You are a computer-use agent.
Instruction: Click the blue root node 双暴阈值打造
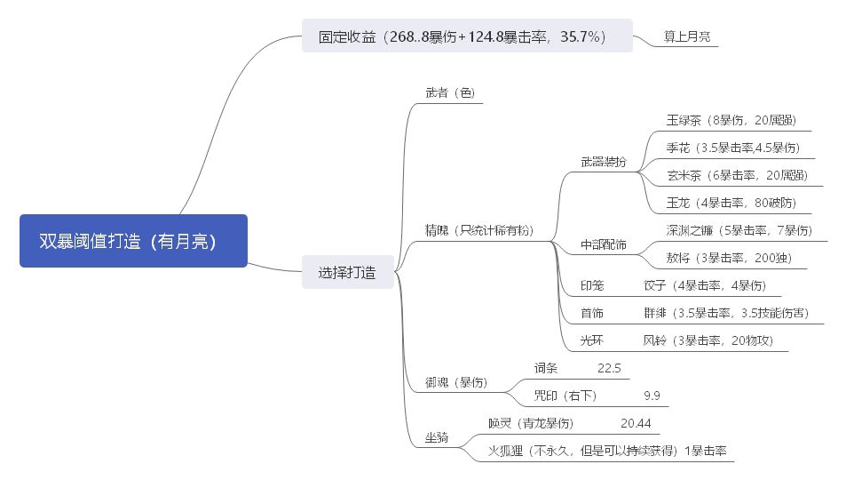[133, 241]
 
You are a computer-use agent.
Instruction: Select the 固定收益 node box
[467, 36]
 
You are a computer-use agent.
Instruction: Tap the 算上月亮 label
[686, 37]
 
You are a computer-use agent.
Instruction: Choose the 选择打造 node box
[347, 273]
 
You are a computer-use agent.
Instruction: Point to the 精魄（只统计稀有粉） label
[479, 230]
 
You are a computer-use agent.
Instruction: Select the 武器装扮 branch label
[603, 162]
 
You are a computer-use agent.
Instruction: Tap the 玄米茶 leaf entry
[737, 175]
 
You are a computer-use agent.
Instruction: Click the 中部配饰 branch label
[603, 244]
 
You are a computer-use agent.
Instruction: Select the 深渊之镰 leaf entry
[739, 230]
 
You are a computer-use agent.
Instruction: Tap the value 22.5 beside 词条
[609, 368]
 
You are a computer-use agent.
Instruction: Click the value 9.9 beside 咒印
[652, 396]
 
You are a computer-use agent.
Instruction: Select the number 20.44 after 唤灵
[636, 423]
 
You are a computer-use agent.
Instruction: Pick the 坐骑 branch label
[437, 437]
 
